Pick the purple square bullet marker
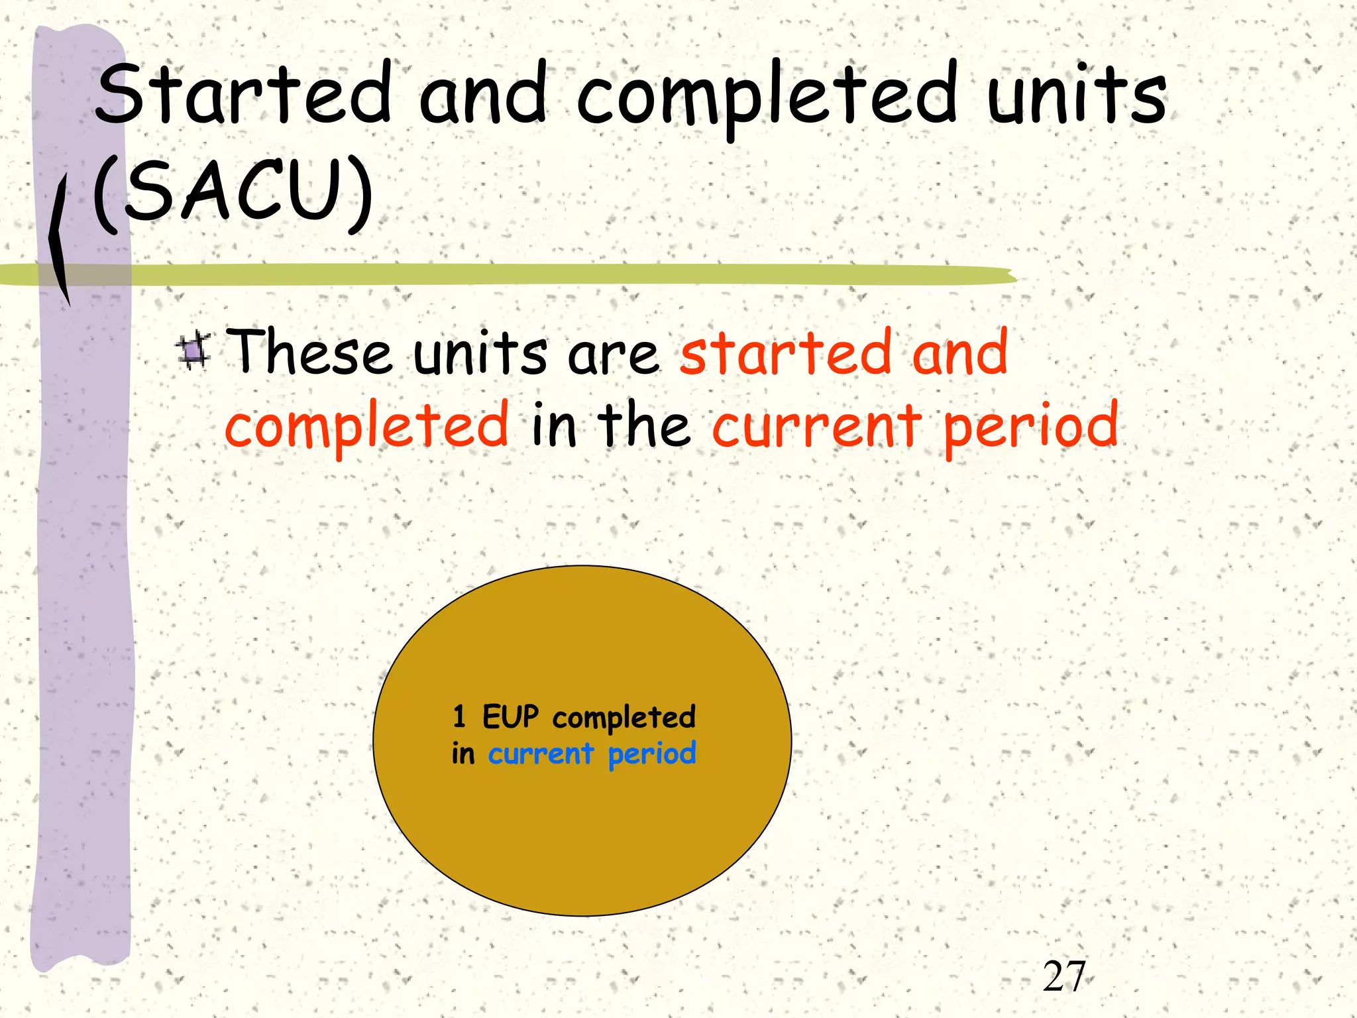(x=194, y=351)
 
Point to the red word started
(x=785, y=353)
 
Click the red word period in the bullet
(x=1030, y=427)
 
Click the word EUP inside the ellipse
(x=510, y=716)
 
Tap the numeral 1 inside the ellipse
(x=459, y=716)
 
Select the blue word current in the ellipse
(x=541, y=754)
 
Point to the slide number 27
(x=1063, y=976)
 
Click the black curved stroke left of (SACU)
(x=60, y=239)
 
